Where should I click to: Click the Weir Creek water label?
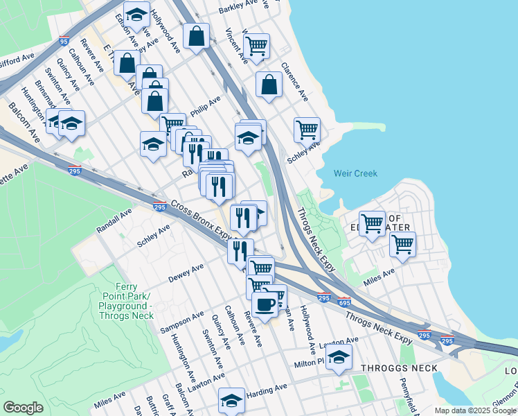point(355,173)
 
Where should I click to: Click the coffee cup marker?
point(264,303)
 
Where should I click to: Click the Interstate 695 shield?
point(345,302)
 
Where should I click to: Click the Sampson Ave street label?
point(182,321)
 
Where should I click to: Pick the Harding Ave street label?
point(266,388)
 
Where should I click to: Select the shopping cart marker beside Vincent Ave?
point(256,46)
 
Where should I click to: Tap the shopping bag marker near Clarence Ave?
point(269,84)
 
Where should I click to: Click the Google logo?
point(23,408)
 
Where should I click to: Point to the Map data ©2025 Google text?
point(475,410)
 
